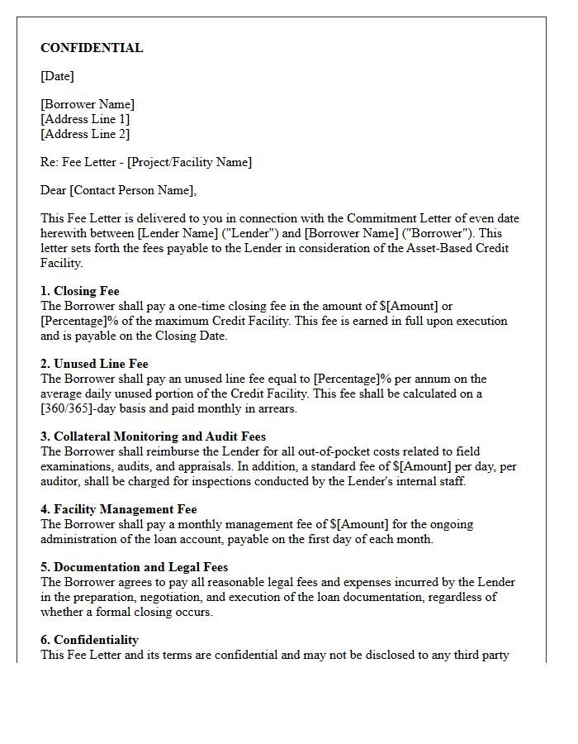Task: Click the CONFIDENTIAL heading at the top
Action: (92, 48)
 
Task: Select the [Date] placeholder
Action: (57, 76)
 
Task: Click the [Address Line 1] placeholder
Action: (85, 119)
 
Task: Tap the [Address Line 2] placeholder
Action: (85, 134)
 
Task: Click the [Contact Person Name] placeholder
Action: (132, 190)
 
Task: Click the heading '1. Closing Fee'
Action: (80, 291)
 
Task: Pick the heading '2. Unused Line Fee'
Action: (94, 364)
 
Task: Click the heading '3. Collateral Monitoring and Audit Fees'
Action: (153, 436)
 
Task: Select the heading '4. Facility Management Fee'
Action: (119, 509)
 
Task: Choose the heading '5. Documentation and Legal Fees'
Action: (134, 567)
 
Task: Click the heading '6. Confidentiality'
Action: (89, 640)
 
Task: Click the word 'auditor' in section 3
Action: (60, 481)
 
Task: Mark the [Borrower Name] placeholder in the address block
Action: (88, 104)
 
